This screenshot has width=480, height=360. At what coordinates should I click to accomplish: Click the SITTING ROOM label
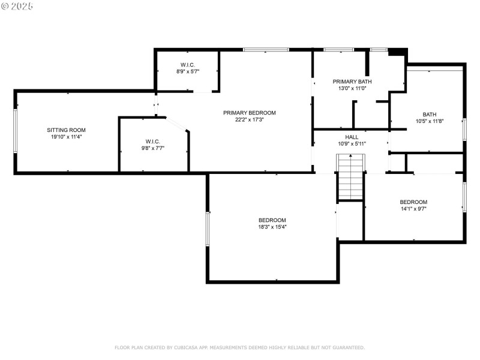coord(66,130)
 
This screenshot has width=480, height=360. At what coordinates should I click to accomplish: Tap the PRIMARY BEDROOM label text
coord(250,113)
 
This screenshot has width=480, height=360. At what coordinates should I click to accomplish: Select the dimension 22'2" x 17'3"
coord(250,119)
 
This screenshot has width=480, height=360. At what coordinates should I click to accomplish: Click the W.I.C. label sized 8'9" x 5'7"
coord(188,65)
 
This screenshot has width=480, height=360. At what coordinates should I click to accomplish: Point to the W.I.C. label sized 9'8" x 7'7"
coord(153,142)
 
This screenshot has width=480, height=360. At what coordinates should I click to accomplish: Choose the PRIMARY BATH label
coord(352,82)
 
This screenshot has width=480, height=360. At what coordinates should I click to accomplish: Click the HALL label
coord(352,137)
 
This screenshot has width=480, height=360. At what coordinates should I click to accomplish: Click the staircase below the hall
coord(350,177)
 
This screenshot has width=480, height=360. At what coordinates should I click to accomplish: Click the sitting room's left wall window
coord(15,131)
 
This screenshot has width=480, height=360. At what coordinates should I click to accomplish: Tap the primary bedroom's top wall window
coord(266,50)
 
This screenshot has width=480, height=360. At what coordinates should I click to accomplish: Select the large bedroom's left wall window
coord(208,229)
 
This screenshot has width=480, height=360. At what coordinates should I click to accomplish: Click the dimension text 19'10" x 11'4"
coord(66,137)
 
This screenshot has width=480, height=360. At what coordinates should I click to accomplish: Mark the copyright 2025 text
coord(17,6)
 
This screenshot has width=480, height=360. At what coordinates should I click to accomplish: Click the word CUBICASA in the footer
coord(186,347)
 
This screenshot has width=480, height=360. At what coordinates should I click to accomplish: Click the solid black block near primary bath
coord(397,52)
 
